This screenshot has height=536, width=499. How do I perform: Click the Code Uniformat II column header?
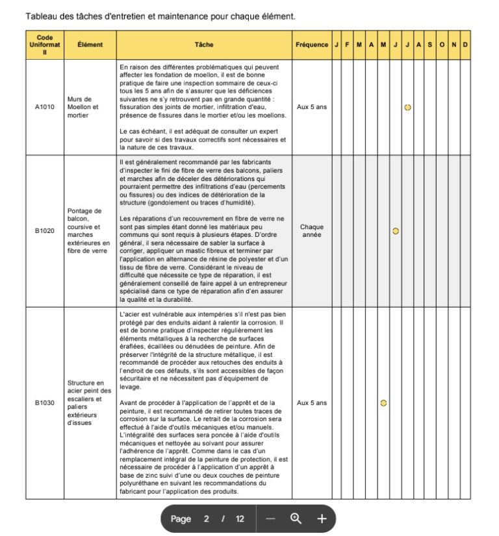[x=45, y=45]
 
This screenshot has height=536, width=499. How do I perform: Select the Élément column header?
[x=90, y=45]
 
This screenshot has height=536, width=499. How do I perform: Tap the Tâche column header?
[x=204, y=45]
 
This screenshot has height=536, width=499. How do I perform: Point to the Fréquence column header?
[x=312, y=45]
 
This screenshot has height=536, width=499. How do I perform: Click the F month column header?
[x=348, y=45]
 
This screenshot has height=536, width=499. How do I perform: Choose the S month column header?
[x=431, y=45]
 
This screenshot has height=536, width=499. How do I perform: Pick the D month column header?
[x=466, y=45]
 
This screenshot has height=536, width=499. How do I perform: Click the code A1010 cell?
[x=45, y=107]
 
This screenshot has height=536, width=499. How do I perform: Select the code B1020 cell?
[x=45, y=231]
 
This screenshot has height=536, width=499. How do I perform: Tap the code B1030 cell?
[x=45, y=403]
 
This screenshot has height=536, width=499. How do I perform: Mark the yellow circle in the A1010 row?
[x=407, y=107]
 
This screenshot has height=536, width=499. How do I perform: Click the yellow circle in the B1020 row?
[x=396, y=231]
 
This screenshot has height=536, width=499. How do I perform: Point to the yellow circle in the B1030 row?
[x=383, y=403]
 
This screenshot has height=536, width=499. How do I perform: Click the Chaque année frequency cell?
[x=312, y=231]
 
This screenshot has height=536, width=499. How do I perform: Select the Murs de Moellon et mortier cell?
[x=90, y=107]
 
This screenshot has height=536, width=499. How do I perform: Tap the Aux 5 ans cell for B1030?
[x=312, y=403]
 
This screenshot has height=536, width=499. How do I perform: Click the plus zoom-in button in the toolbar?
[x=321, y=518]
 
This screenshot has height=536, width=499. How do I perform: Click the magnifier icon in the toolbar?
[x=296, y=518]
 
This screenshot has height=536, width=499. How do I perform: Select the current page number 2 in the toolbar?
[x=207, y=518]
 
